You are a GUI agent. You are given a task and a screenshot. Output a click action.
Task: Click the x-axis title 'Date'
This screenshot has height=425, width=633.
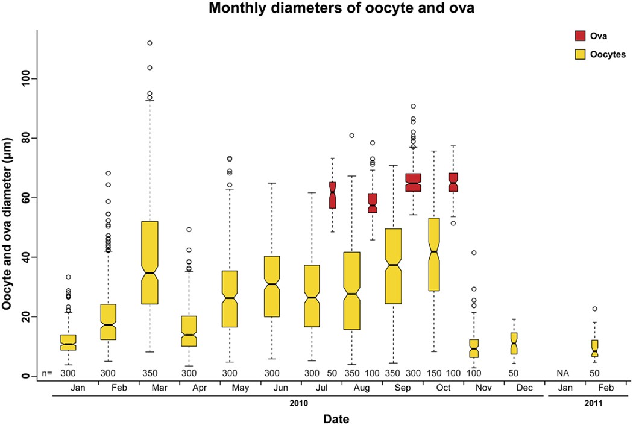pyautogui.click(x=333, y=417)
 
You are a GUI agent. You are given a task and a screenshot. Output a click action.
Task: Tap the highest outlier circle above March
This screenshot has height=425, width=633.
pyautogui.click(x=150, y=43)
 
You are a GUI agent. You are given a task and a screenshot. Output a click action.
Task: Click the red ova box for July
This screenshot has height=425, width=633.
pyautogui.click(x=332, y=195)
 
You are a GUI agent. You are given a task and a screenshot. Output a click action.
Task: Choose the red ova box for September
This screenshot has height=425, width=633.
pyautogui.click(x=413, y=182)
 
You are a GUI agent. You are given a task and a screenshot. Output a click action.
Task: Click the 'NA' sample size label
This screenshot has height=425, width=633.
pyautogui.click(x=563, y=374)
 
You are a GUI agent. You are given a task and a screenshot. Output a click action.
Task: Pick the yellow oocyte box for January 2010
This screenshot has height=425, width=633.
pyautogui.click(x=68, y=342)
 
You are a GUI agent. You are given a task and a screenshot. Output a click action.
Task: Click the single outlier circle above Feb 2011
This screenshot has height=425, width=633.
pyautogui.click(x=595, y=309)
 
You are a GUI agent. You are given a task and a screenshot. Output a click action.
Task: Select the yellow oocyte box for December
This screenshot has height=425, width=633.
pyautogui.click(x=514, y=344)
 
